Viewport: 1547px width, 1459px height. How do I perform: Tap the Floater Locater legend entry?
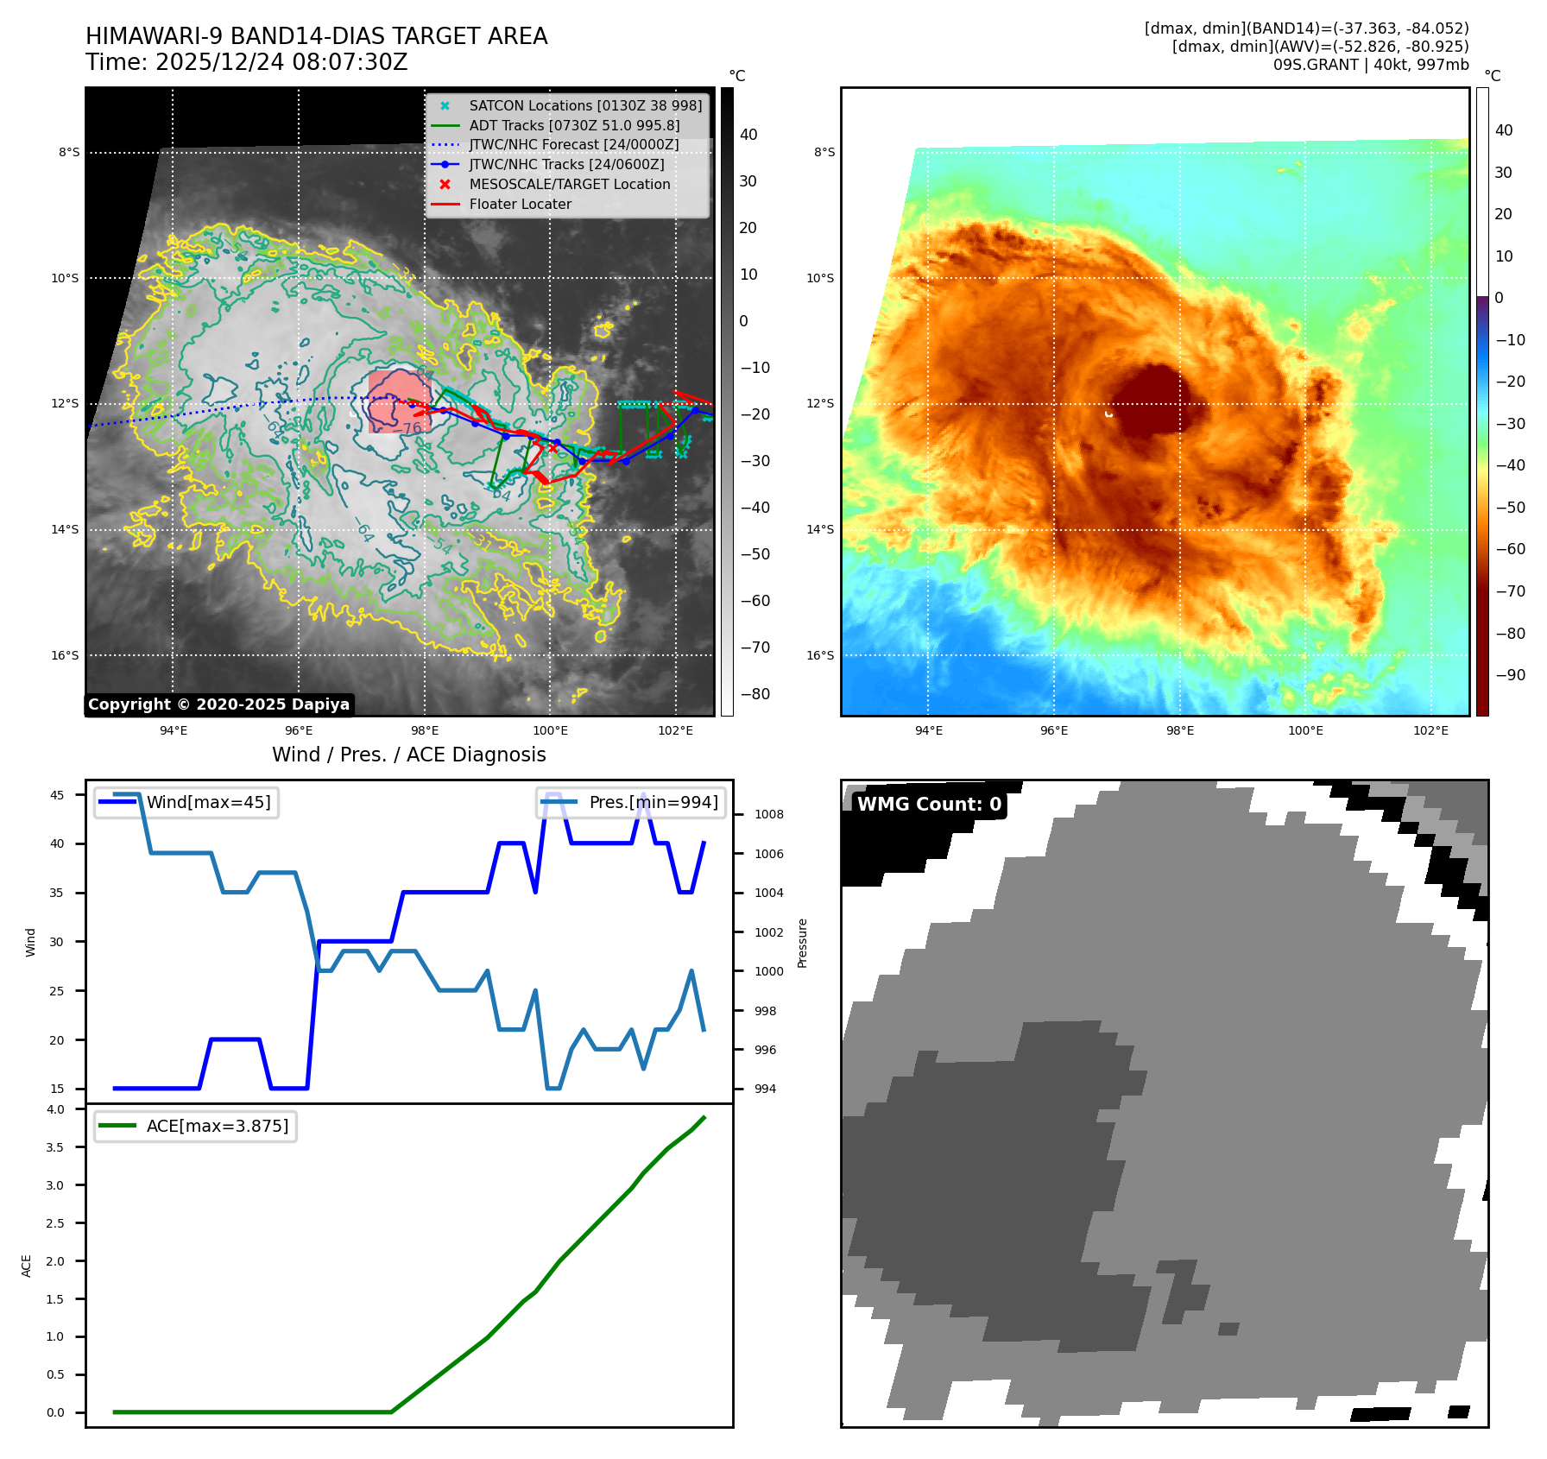(520, 204)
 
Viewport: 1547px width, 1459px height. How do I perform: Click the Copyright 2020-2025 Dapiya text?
(218, 704)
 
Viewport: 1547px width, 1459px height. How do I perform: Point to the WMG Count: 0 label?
(928, 804)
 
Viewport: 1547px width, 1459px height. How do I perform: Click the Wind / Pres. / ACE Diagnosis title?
(408, 755)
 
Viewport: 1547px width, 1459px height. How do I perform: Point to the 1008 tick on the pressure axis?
(768, 814)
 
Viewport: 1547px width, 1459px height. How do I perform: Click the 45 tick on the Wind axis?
(57, 795)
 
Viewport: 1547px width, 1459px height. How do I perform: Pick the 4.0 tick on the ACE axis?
(55, 1109)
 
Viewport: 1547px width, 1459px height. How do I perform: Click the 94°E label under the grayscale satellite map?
(174, 730)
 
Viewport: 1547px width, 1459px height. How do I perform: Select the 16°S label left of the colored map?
(820, 655)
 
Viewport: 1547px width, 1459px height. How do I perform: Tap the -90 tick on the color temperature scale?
(1510, 675)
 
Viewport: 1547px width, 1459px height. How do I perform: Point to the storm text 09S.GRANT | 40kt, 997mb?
(1370, 65)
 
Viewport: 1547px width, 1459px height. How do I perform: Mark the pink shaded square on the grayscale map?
(399, 401)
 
